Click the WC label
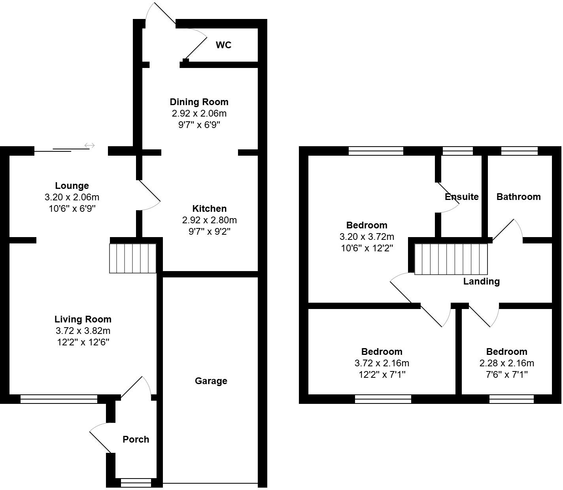tap(223, 45)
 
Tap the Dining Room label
tap(199, 102)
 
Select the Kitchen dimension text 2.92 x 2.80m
tap(210, 220)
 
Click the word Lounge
tap(72, 186)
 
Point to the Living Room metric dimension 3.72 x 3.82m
tap(83, 330)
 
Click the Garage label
tap(211, 381)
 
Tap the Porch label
tap(136, 439)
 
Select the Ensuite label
tap(462, 197)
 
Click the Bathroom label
tap(518, 197)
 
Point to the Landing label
tap(482, 281)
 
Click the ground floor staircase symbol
tap(133, 258)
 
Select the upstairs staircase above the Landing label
tap(451, 259)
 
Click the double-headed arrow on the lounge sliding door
tap(90, 145)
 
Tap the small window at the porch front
tap(136, 483)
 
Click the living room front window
tap(59, 399)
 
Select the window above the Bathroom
tap(519, 151)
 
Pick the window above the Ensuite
tap(457, 151)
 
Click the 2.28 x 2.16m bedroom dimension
tap(506, 363)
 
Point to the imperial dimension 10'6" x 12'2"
tap(367, 248)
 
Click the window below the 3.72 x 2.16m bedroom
tap(383, 399)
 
